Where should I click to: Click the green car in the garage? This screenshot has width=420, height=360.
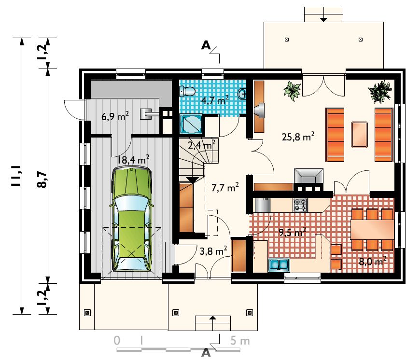click(x=131, y=219)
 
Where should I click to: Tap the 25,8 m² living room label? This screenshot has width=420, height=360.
click(x=298, y=137)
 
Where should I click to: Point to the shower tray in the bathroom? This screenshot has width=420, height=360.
click(x=191, y=124)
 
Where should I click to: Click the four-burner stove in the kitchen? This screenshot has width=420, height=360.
click(x=300, y=205)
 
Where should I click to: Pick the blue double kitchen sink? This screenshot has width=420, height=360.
click(x=279, y=264)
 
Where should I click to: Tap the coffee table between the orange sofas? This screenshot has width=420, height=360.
click(x=359, y=134)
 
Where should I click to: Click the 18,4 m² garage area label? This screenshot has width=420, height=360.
click(x=133, y=160)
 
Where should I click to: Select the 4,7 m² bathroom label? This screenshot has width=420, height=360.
click(x=215, y=100)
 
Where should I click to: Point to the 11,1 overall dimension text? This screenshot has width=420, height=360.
click(x=16, y=175)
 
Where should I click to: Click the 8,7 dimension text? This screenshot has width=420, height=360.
click(x=42, y=180)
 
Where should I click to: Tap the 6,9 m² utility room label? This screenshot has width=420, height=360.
click(x=115, y=116)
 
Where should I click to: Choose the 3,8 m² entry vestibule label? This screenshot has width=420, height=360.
click(x=213, y=251)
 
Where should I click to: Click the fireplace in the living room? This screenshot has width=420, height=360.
click(x=308, y=180)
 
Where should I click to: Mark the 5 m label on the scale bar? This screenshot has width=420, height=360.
click(x=240, y=341)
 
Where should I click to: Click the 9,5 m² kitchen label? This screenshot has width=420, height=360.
click(x=292, y=232)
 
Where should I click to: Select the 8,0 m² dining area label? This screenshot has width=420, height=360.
click(x=372, y=261)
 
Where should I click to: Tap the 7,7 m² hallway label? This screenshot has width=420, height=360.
click(x=225, y=187)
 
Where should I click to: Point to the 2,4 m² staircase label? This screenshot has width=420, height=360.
click(x=201, y=145)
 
